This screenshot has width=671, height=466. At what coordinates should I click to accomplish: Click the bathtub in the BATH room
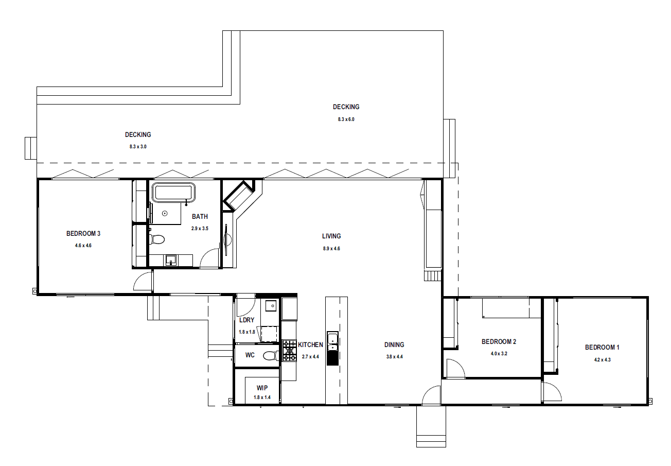(x=173, y=193)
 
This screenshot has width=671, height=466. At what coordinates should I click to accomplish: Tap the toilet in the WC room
(x=271, y=356)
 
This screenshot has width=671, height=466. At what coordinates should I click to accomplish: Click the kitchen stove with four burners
(x=289, y=350)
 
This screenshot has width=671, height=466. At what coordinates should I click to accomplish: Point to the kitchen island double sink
(x=332, y=341)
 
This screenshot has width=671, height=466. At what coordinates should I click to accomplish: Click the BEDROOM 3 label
(x=83, y=233)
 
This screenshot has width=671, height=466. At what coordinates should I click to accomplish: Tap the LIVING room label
(x=331, y=236)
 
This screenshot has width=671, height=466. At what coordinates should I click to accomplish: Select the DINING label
(x=394, y=344)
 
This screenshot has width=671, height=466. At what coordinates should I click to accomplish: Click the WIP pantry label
(x=262, y=388)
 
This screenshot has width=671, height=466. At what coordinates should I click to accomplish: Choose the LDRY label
(x=246, y=320)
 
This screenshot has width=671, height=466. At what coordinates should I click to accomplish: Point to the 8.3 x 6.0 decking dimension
(x=346, y=119)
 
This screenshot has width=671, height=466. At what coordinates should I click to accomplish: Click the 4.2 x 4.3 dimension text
(x=602, y=359)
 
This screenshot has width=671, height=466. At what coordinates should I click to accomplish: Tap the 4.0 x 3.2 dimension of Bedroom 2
(x=499, y=354)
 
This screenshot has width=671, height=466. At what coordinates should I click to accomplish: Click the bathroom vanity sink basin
(x=171, y=260)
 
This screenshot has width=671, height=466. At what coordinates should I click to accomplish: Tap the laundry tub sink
(x=271, y=306)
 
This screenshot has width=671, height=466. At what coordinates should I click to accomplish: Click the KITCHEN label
(x=310, y=344)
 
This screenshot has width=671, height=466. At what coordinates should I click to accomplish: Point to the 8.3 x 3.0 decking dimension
(x=138, y=147)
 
